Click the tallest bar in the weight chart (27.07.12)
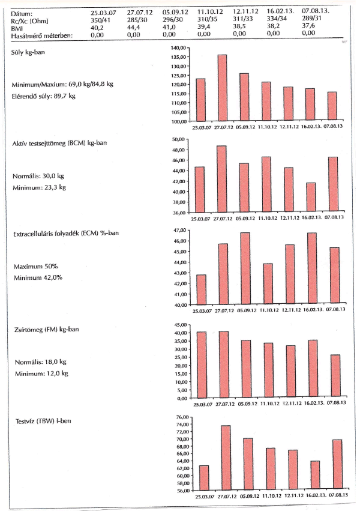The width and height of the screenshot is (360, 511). tap(222, 88)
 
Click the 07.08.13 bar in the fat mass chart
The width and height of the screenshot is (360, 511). tap(335, 376)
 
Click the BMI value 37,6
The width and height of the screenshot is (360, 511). tap(308, 27)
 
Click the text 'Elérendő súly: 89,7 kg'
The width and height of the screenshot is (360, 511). tap(44, 96)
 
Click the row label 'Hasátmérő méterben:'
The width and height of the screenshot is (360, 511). tap(41, 35)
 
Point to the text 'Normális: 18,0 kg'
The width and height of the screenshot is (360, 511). tap(39, 362)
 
